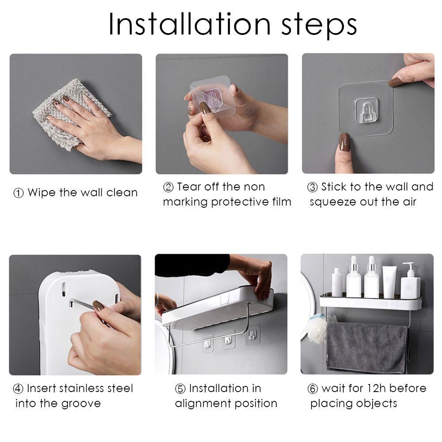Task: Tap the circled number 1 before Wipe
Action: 19,193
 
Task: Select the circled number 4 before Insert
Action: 18,389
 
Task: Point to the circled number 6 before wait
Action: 312,389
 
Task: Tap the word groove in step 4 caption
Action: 81,404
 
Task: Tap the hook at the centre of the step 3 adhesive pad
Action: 366,110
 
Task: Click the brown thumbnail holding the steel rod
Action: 99,305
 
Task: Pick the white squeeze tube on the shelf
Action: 389,282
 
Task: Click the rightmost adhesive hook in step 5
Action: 252,335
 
